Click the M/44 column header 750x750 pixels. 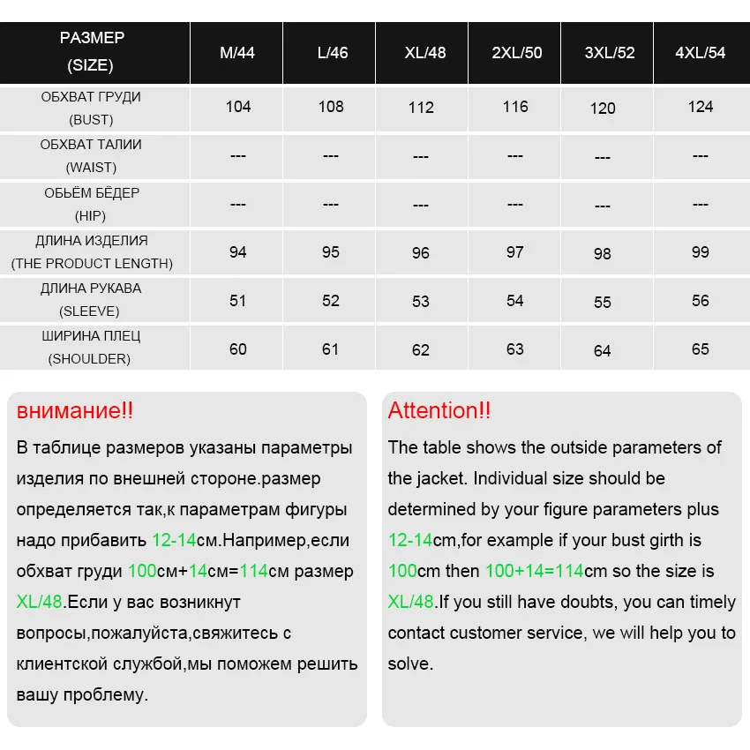(237, 53)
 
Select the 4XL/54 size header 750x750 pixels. (701, 53)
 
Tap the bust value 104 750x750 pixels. (238, 107)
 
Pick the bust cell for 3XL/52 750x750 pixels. (603, 109)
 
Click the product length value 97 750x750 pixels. (515, 252)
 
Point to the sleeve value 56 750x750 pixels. (701, 301)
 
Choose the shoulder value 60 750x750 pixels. (238, 349)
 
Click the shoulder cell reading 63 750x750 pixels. (515, 349)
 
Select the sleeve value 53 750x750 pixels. (421, 302)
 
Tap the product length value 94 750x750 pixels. (238, 252)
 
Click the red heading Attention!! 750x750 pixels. (439, 410)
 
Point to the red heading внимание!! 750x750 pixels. (75, 410)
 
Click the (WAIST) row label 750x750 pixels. (91, 168)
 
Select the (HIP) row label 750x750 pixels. (91, 216)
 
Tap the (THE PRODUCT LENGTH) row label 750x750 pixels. (92, 264)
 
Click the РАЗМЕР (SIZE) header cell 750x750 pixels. (92, 51)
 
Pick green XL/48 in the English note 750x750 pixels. (411, 603)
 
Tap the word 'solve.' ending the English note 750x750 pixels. (410, 664)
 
